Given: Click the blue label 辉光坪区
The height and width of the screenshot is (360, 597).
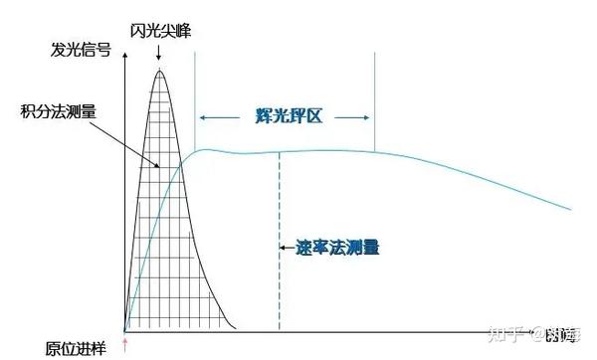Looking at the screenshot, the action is (286, 116).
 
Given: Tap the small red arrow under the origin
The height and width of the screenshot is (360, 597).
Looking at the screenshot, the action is (124, 344).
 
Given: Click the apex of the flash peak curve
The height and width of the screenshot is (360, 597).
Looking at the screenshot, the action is (159, 72).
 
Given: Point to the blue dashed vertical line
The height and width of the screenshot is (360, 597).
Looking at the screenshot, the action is (280, 259).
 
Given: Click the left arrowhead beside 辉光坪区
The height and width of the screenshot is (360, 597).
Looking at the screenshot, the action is (201, 116).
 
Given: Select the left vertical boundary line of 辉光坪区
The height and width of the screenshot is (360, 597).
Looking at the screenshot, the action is (195, 99).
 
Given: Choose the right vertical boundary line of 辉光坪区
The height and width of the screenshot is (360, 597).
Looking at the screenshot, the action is (374, 99).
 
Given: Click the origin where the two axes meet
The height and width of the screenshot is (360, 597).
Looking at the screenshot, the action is (124, 330).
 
